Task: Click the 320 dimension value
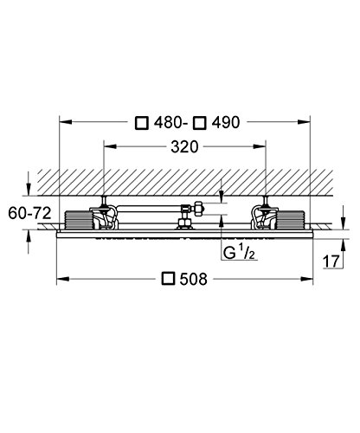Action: (184, 147)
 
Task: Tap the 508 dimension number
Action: (193, 279)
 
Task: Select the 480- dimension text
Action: (168, 123)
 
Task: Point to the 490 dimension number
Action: (226, 123)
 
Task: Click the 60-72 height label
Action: (29, 214)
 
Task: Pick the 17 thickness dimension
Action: (331, 262)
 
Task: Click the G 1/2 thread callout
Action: (239, 253)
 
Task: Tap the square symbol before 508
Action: (169, 279)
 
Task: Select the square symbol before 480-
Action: (142, 123)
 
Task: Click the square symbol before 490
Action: (200, 123)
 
